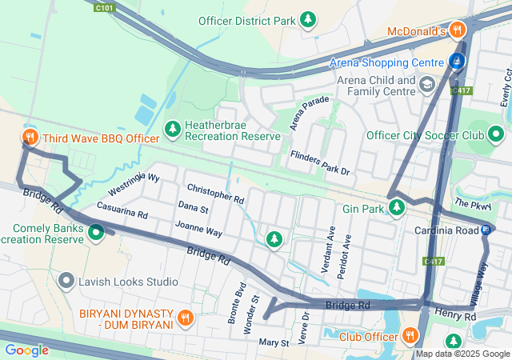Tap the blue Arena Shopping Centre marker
point(457,61)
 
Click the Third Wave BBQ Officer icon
point(30,138)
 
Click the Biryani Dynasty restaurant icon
point(185,317)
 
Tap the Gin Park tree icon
point(397,208)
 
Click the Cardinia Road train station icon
point(486,230)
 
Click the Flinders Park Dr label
point(320,162)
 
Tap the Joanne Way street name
point(198,230)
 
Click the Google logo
point(26,350)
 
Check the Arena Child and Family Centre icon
point(427,83)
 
